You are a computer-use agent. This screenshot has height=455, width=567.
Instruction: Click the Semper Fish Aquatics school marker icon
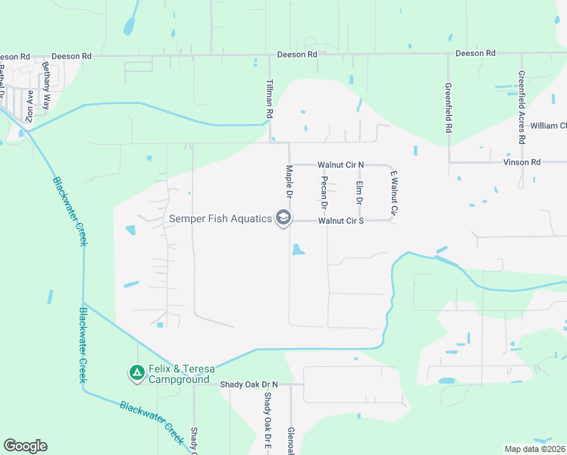point(283,219)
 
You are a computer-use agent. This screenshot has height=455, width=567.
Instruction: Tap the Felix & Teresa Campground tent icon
point(136,372)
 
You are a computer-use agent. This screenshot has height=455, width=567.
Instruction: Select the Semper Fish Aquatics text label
point(220,219)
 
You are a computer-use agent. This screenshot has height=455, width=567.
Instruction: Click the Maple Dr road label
point(289,179)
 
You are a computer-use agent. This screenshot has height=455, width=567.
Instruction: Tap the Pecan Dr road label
point(324,192)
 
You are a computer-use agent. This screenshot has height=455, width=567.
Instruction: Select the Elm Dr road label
point(359,192)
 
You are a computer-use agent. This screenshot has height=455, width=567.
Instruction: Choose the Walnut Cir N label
point(341,164)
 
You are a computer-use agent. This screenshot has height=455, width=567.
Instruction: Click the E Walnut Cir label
point(394,191)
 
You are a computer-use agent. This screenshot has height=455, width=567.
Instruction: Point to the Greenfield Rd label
point(448,108)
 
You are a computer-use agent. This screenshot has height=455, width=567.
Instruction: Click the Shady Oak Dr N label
point(249,384)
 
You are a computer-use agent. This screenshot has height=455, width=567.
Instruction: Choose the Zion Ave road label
point(30,107)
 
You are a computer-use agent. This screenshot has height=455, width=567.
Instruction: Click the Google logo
point(25,446)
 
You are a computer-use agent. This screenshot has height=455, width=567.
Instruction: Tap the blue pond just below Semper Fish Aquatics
point(297,249)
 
